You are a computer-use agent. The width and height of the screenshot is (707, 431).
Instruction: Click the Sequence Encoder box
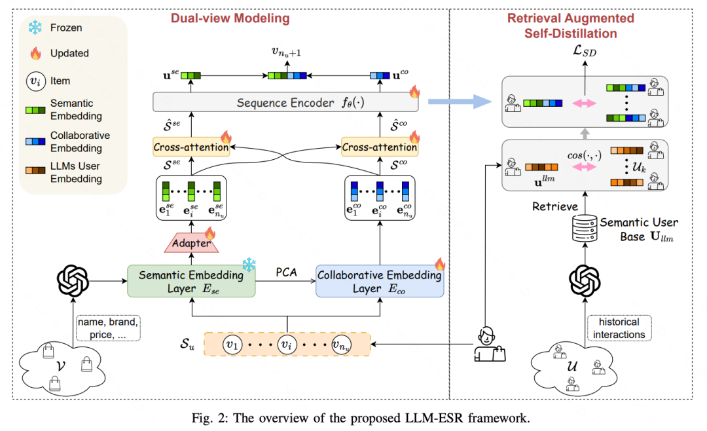(285, 102)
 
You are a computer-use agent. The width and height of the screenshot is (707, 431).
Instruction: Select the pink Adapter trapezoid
(192, 243)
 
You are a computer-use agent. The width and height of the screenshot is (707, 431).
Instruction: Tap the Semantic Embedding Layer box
(191, 281)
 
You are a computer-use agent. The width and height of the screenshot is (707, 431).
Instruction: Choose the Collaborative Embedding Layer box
(380, 281)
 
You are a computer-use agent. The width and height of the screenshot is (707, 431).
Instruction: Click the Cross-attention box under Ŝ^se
(191, 147)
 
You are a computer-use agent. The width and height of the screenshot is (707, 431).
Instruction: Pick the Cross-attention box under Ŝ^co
(380, 147)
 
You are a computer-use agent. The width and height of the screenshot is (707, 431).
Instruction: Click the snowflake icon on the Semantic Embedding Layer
(249, 265)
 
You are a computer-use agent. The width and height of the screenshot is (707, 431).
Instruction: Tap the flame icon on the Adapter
(210, 233)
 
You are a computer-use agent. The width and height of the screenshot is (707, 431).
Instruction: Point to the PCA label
(286, 272)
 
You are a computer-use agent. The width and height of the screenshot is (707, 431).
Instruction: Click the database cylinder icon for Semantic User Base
(585, 229)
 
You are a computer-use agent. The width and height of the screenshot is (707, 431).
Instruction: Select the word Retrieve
(555, 206)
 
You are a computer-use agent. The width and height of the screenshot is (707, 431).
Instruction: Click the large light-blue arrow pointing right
(460, 102)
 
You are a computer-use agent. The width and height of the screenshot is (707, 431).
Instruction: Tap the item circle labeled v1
(232, 345)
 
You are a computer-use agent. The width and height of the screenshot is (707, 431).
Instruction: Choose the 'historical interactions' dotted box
(619, 328)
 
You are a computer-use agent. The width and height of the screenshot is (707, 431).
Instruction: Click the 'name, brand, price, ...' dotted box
(108, 328)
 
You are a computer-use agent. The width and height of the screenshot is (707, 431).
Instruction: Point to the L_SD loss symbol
(585, 50)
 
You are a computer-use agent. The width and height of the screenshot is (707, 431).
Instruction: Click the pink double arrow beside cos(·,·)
(585, 167)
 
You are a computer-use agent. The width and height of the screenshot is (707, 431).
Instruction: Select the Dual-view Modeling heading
(230, 18)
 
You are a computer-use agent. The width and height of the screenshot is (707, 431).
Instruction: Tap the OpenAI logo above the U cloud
(585, 281)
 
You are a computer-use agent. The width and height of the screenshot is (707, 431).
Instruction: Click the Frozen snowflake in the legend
(35, 28)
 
